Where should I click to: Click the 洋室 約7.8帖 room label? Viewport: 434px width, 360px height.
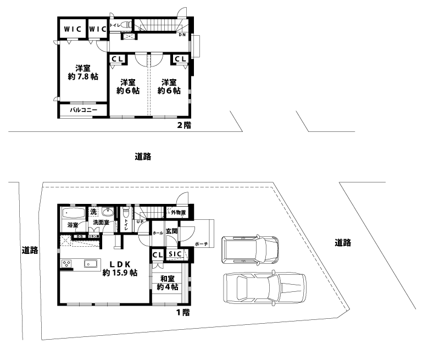[x=83, y=73]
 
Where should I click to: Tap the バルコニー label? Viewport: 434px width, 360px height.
[x=84, y=110]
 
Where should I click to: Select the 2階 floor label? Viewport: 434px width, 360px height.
[x=183, y=125]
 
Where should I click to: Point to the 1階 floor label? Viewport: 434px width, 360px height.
[x=182, y=312]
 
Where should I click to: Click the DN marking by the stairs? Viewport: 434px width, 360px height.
[x=182, y=35]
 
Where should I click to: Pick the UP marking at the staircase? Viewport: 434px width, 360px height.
[x=141, y=222]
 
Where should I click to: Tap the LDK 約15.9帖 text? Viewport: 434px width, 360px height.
[x=120, y=268]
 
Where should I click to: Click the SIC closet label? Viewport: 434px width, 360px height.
[x=175, y=254]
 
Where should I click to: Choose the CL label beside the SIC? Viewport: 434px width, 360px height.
[x=157, y=254]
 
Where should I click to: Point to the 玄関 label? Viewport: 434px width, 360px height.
[x=171, y=231]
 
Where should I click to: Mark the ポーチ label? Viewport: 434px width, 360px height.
[x=201, y=244]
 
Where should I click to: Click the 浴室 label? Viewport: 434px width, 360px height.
[x=73, y=225]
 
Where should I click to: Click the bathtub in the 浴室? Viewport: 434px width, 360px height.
[x=73, y=213]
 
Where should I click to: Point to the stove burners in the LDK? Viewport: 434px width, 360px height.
[x=66, y=264]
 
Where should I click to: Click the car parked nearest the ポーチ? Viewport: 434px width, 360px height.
[x=251, y=250]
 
